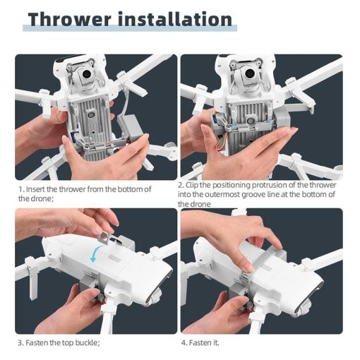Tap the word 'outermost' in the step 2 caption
[234, 195]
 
